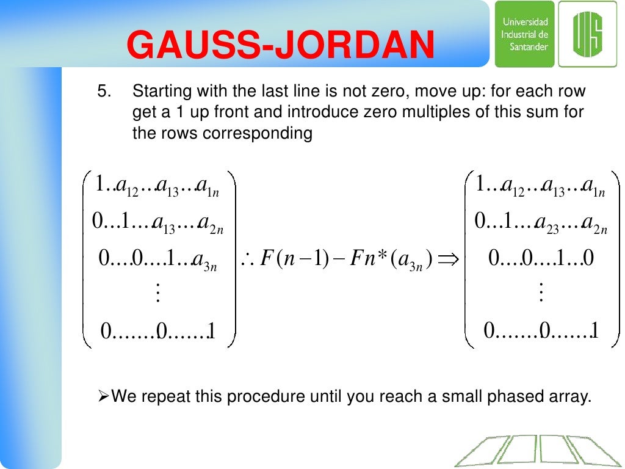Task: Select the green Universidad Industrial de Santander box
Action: (524, 34)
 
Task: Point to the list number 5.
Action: (105, 92)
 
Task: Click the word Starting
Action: (159, 92)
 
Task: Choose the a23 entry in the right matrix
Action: (547, 223)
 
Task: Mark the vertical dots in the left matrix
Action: (159, 294)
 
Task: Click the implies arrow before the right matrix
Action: (449, 260)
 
